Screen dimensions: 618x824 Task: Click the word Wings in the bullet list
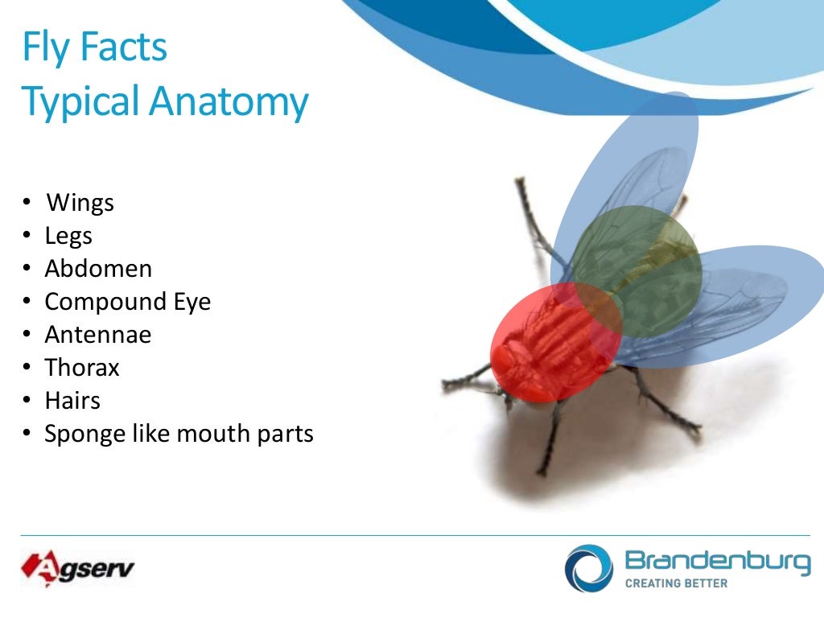click(x=80, y=203)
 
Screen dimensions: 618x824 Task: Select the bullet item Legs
click(x=68, y=236)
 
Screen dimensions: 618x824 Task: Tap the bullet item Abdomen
click(x=98, y=269)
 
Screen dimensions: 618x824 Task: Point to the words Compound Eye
click(x=127, y=302)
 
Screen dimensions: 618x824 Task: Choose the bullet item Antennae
click(x=97, y=335)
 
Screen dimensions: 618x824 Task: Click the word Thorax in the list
click(x=82, y=368)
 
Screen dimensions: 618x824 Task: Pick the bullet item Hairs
click(x=72, y=401)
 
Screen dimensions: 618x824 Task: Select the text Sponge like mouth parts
click(x=179, y=434)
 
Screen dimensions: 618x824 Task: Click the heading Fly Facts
click(x=94, y=47)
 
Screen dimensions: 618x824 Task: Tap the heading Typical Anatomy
click(x=165, y=102)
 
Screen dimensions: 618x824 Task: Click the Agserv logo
click(x=77, y=570)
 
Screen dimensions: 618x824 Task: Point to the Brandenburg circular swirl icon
click(x=588, y=568)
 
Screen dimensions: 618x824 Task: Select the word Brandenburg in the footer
click(x=717, y=561)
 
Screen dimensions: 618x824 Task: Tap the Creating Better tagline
click(x=676, y=583)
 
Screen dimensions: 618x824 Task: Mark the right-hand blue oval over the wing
click(x=748, y=298)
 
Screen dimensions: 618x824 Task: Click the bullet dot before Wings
click(x=27, y=203)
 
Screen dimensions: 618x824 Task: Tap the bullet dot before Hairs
click(x=27, y=401)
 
